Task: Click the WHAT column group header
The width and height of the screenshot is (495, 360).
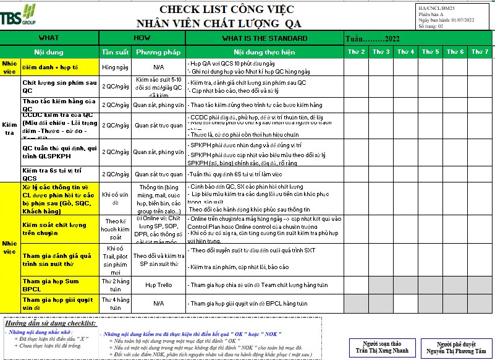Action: pos(49,38)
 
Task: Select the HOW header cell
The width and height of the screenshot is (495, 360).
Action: pos(142,38)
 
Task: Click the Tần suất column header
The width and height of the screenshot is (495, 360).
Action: pos(116,51)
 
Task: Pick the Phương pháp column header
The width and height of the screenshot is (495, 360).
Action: pos(158,51)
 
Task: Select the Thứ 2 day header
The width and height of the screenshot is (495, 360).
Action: pos(356,51)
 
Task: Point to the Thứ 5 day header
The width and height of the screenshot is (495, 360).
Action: pos(430,51)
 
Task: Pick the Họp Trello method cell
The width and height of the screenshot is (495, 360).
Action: pos(158,285)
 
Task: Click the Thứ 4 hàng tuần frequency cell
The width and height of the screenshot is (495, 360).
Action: pos(116,303)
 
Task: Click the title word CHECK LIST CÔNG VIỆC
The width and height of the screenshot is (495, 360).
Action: pos(226,9)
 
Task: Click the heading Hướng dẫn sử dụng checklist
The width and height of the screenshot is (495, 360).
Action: pos(49,324)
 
